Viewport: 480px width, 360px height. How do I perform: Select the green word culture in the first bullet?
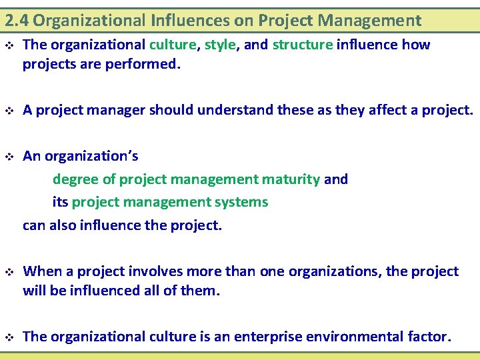[173, 45]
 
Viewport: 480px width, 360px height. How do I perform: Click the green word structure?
[302, 45]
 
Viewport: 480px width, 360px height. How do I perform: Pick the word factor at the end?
[429, 337]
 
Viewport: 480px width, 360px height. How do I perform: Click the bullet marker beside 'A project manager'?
[9, 111]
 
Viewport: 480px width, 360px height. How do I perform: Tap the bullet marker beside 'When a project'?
[9, 272]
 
